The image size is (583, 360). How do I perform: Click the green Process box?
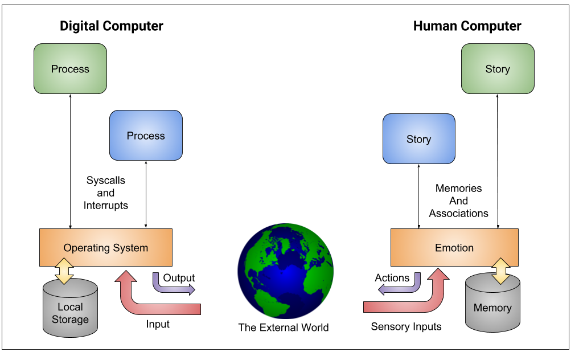pos(70,69)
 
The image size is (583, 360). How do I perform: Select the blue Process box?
pos(146,136)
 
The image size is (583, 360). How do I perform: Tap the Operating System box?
pos(105,247)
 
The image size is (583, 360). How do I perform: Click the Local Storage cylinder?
pos(70,310)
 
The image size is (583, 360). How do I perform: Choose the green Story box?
pos(497,69)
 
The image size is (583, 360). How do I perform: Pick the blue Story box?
pos(418,139)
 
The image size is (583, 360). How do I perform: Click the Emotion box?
pos(454,247)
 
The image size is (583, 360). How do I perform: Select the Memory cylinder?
pos(492,305)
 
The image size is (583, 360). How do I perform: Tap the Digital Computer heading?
pos(112,26)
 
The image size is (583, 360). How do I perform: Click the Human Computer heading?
pos(467,26)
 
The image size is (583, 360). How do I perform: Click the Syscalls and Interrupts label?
pos(106,193)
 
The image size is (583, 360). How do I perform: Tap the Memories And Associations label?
pos(458,201)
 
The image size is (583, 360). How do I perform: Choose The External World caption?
pos(283,328)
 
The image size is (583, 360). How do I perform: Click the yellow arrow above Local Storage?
pos(64,269)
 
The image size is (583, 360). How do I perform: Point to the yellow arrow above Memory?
pos(502,271)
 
